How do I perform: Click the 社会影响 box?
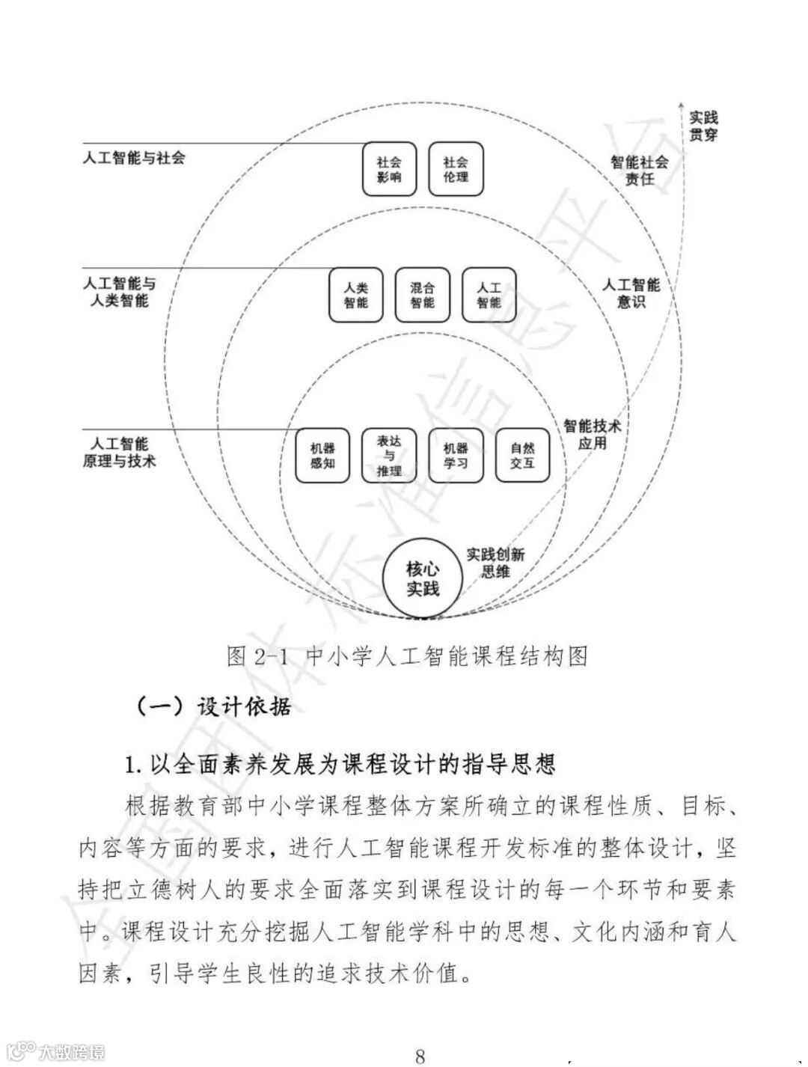pos(389,169)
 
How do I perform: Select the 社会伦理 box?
pos(456,169)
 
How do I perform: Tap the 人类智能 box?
pos(356,295)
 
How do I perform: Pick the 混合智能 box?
pos(423,295)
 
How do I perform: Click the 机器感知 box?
pos(322,456)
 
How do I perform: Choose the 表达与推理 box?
pos(389,456)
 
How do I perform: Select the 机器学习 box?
pos(456,456)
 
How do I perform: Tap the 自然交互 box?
pos(522,456)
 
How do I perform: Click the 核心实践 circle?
pos(422,579)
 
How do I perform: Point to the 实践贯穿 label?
pos(703,126)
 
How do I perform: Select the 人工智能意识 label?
pos(631,293)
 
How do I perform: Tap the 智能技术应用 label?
pos(593,434)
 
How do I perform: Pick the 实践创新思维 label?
pos(495,563)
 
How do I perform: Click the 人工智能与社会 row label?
pos(134,158)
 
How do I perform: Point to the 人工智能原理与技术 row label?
pos(120,453)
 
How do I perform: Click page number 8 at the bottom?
pos(420,1056)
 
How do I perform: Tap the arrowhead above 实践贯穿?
pos(680,103)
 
